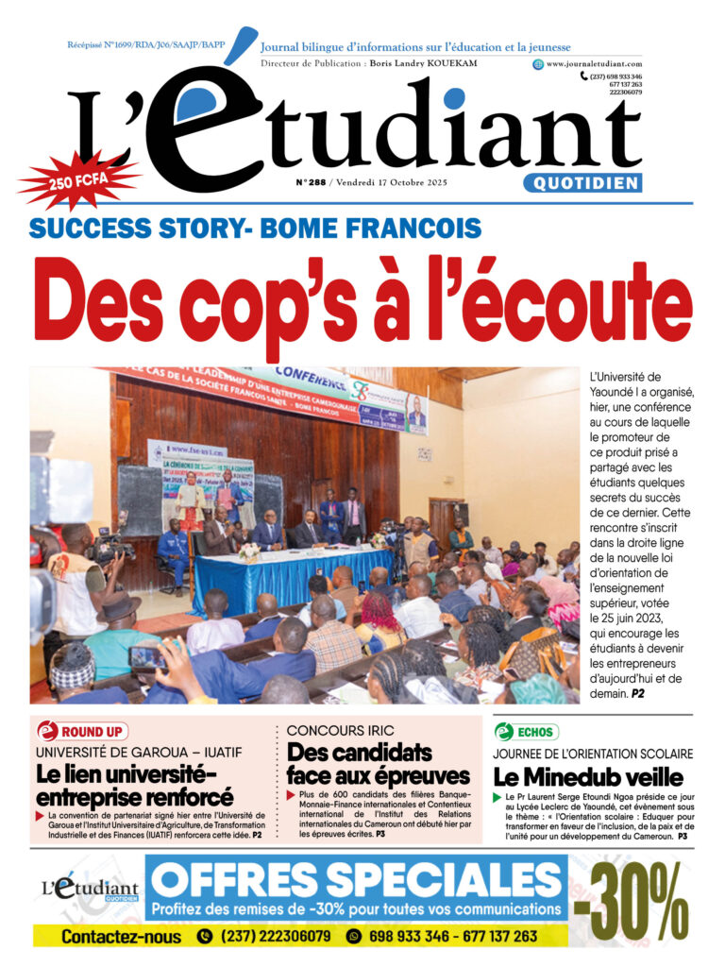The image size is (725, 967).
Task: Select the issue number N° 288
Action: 310,183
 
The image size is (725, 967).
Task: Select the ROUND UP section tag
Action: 83,731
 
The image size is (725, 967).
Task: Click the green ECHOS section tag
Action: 527,731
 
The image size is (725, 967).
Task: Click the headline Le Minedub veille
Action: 587,778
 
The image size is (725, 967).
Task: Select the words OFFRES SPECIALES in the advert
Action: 353,880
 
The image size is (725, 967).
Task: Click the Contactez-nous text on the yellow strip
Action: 121,937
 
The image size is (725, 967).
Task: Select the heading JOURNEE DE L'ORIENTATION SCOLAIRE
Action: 593,754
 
